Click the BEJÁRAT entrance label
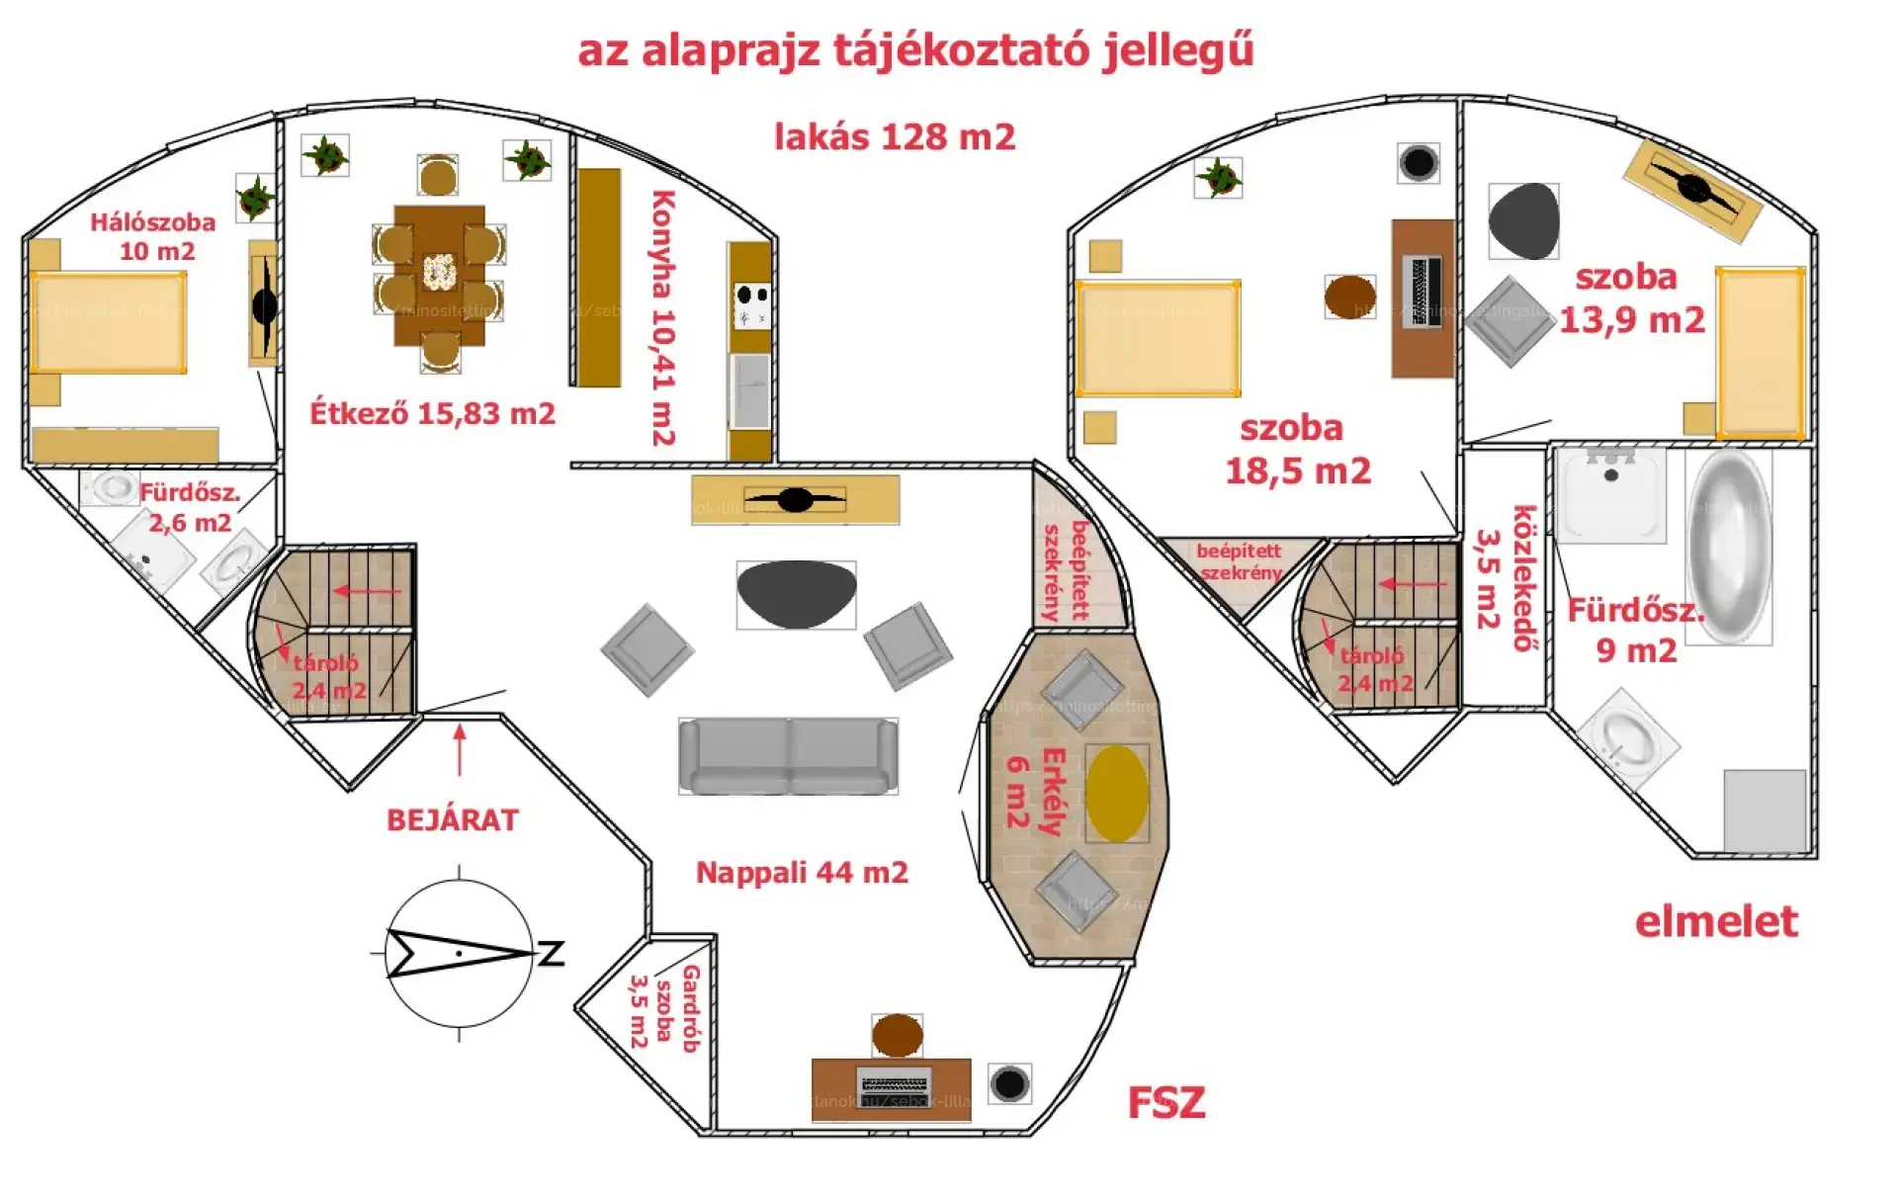(452, 820)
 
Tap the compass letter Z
(551, 954)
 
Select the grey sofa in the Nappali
(788, 756)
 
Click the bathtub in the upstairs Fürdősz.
(1729, 546)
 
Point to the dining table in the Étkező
(439, 275)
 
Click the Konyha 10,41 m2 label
(662, 317)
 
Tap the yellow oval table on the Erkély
(1117, 794)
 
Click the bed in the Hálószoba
(108, 322)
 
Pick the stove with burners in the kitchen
(751, 304)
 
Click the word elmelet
(1716, 922)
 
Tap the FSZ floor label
(1166, 1103)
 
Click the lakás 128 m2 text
(894, 137)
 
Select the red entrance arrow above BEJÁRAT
(460, 749)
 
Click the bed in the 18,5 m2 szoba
(1159, 338)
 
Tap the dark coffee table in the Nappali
(796, 593)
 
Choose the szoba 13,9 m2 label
(1631, 299)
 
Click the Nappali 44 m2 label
(802, 873)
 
